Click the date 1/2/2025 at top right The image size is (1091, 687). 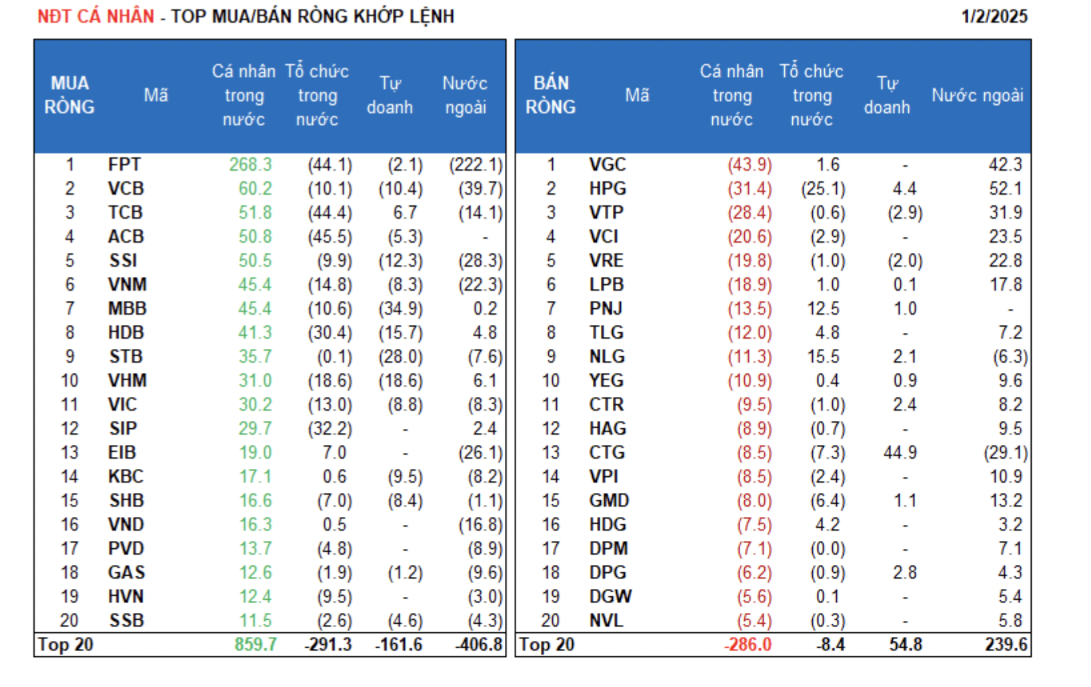(994, 17)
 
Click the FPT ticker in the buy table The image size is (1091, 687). (125, 165)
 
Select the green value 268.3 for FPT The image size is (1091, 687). (251, 165)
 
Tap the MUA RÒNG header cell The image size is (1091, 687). (69, 95)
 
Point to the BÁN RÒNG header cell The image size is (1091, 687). (550, 95)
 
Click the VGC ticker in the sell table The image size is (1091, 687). (607, 165)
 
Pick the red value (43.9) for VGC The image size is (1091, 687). (750, 165)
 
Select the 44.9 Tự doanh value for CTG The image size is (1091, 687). (900, 453)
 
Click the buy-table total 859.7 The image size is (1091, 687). (256, 645)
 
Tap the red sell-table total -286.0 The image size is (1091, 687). (748, 645)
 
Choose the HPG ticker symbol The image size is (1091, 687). (607, 189)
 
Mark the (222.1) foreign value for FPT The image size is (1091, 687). (475, 165)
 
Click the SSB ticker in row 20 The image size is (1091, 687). (127, 621)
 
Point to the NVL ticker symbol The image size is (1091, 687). (606, 621)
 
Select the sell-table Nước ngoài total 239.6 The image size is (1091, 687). (1006, 645)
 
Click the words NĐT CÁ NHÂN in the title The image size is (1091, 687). (96, 17)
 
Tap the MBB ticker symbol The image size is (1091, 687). (127, 309)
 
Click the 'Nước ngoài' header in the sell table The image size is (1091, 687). (977, 95)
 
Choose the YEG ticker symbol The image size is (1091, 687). (606, 381)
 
